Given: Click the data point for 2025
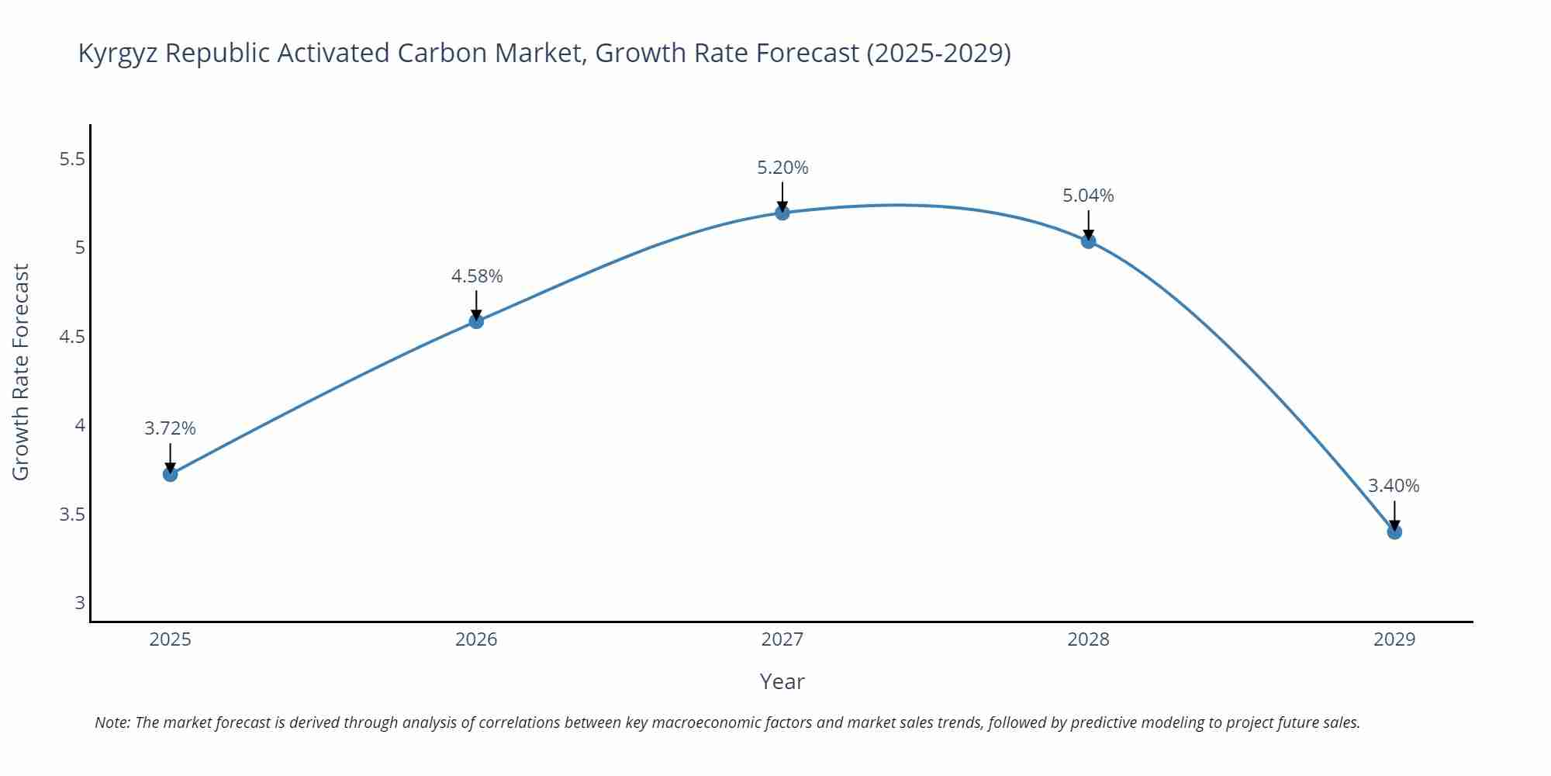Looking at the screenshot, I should tap(171, 474).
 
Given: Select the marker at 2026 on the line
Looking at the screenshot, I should tap(476, 321).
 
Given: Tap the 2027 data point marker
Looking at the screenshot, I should tap(782, 213).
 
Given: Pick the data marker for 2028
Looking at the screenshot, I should tap(1088, 241).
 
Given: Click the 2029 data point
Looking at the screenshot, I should tap(1394, 532).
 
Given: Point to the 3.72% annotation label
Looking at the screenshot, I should tap(171, 428).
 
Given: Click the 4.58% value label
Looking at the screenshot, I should tap(477, 276).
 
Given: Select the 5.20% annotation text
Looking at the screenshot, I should tap(782, 168).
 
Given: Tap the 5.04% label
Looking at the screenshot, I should tap(1088, 196).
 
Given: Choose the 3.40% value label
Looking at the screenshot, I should tap(1394, 486).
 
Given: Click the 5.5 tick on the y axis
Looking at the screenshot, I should tap(71, 159).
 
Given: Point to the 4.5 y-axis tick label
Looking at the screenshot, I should tap(71, 337).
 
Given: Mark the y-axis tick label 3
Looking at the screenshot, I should tap(80, 603).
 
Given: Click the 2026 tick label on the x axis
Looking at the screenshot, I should tap(476, 639).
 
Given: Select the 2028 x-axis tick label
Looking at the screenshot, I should tap(1088, 639).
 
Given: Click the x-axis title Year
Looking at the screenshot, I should tap(782, 681).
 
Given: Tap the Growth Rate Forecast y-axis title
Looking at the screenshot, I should tap(21, 372).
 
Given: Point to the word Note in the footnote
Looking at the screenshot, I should tap(112, 722).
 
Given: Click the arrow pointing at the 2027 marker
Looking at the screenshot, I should tap(782, 196).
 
